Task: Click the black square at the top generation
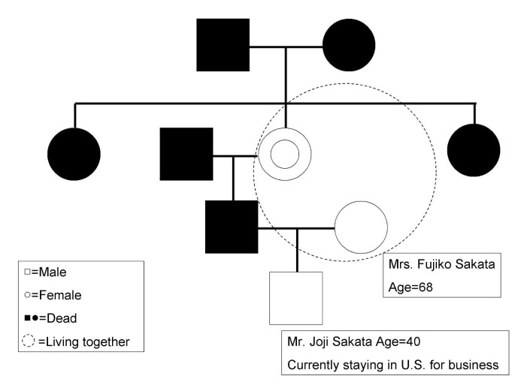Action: [223, 45]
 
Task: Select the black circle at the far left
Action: [74, 154]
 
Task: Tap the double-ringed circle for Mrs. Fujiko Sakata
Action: [286, 155]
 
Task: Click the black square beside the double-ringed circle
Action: [186, 154]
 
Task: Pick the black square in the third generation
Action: [232, 227]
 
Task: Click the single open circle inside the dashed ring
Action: [361, 227]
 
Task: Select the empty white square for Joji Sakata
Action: [295, 298]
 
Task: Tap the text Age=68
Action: [411, 286]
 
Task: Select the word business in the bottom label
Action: [474, 365]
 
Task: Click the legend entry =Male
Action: [50, 272]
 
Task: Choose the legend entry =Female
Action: [56, 295]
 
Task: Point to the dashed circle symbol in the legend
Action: [29, 341]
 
